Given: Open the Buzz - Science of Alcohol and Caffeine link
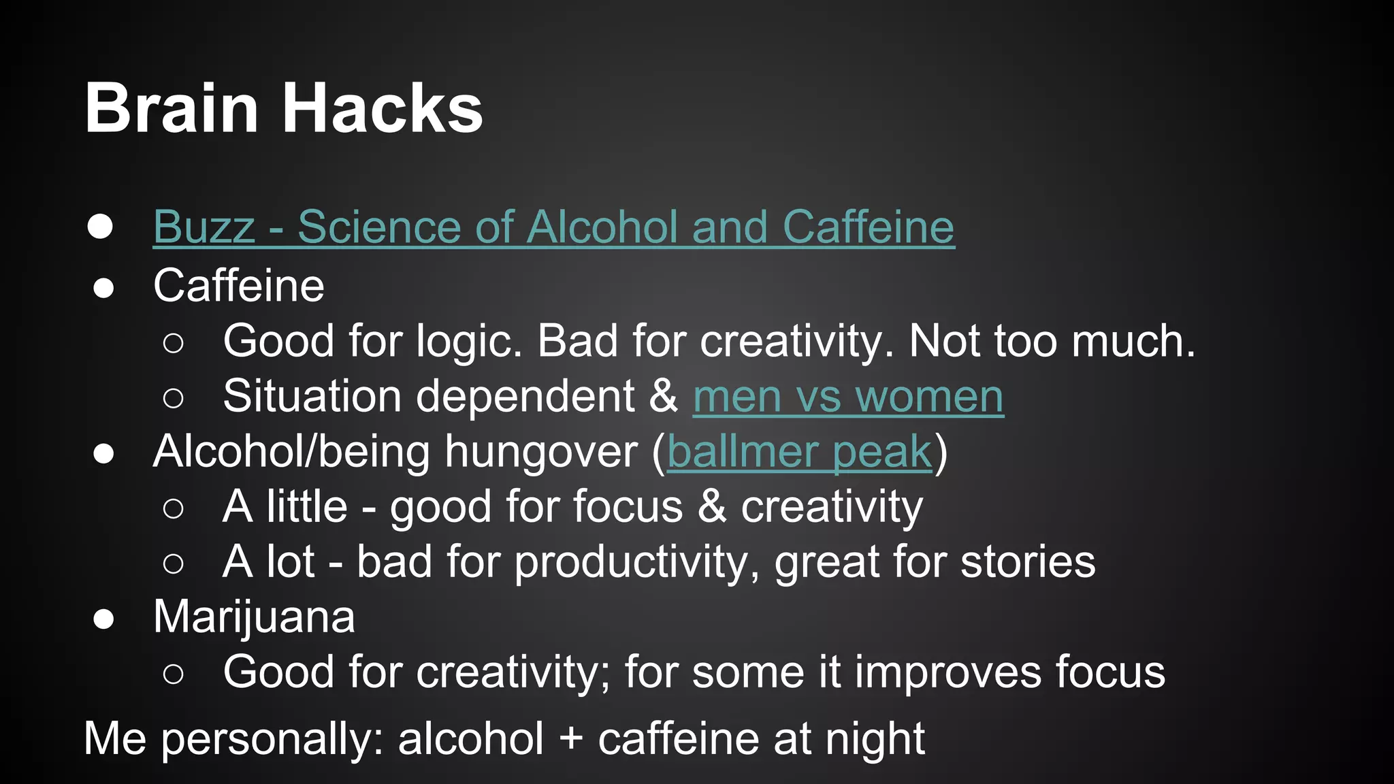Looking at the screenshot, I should (x=553, y=227).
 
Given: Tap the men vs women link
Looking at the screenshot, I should (x=848, y=397).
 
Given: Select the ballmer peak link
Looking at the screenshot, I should (x=799, y=452).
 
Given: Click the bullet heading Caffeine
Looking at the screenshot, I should (x=239, y=285).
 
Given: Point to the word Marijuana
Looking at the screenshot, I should (x=254, y=617).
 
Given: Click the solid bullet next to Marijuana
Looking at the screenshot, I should (x=103, y=619).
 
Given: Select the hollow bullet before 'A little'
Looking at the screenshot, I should (x=174, y=508).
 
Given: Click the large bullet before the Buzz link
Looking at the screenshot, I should (x=100, y=227).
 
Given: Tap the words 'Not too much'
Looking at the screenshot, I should (x=1052, y=341).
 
